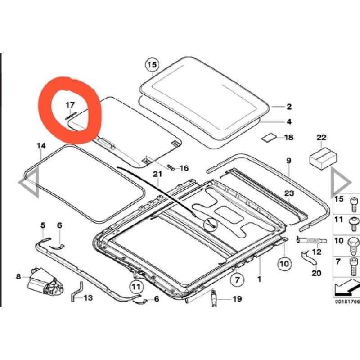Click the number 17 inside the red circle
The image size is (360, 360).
tap(70, 105)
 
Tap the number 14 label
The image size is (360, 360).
tap(41, 145)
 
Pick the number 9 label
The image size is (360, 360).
tap(288, 161)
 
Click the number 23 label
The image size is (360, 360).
tap(289, 193)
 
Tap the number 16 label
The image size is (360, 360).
tap(184, 168)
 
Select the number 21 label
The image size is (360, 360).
tap(157, 174)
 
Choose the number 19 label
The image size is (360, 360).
tap(237, 299)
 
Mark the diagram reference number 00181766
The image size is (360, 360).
tap(346, 301)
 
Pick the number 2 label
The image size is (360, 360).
tap(288, 107)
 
